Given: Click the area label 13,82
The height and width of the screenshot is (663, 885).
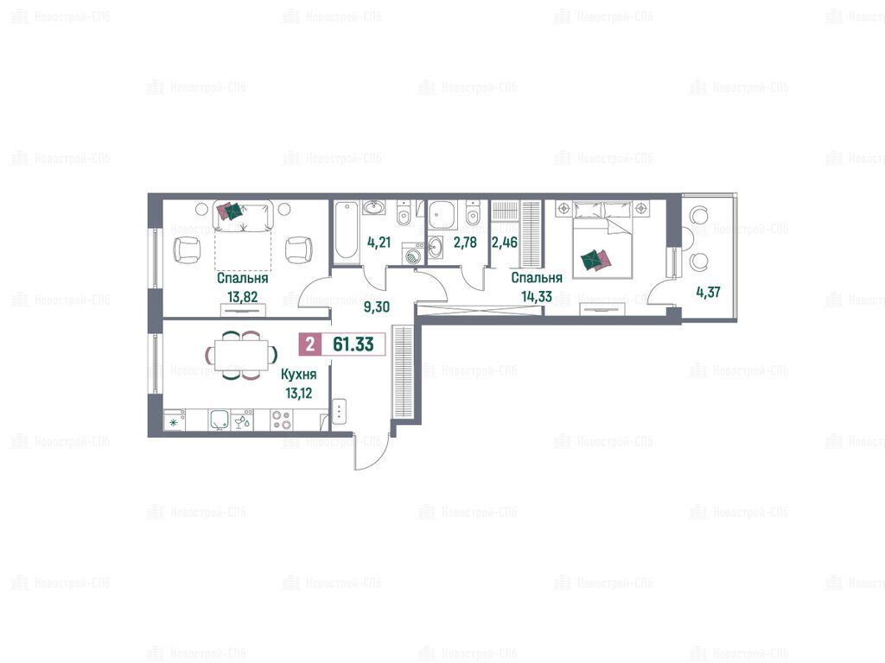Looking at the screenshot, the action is tap(242, 297).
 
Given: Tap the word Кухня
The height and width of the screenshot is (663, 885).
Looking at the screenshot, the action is tap(298, 375).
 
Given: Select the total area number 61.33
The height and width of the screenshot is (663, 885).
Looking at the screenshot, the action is tap(353, 344).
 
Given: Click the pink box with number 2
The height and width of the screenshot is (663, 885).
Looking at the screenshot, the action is tap(310, 344).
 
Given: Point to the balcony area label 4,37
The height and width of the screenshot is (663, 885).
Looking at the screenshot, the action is tap(709, 292).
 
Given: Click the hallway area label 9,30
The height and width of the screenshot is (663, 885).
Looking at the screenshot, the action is tap(377, 307).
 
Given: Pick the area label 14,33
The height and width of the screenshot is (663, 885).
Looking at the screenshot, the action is tap(537, 297).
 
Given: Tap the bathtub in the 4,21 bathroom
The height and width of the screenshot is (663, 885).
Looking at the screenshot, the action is tap(347, 231).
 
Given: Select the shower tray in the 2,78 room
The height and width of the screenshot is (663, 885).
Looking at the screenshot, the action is tap(442, 215).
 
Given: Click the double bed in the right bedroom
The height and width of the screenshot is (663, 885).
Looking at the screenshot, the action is tap(602, 240).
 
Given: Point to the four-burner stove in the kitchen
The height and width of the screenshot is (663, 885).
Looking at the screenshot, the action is tap(282, 420).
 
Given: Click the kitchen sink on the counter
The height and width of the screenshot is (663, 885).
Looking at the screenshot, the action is tap(220, 420).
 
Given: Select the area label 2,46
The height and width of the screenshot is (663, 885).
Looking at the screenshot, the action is tap(505, 243).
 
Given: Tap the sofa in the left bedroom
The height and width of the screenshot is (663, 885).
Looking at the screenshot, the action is tap(243, 216).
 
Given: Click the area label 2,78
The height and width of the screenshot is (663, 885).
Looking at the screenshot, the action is tap(465, 243).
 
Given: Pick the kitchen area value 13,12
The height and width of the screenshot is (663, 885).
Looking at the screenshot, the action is tap(298, 394).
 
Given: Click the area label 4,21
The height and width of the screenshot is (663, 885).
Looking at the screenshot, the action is tap(379, 243).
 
